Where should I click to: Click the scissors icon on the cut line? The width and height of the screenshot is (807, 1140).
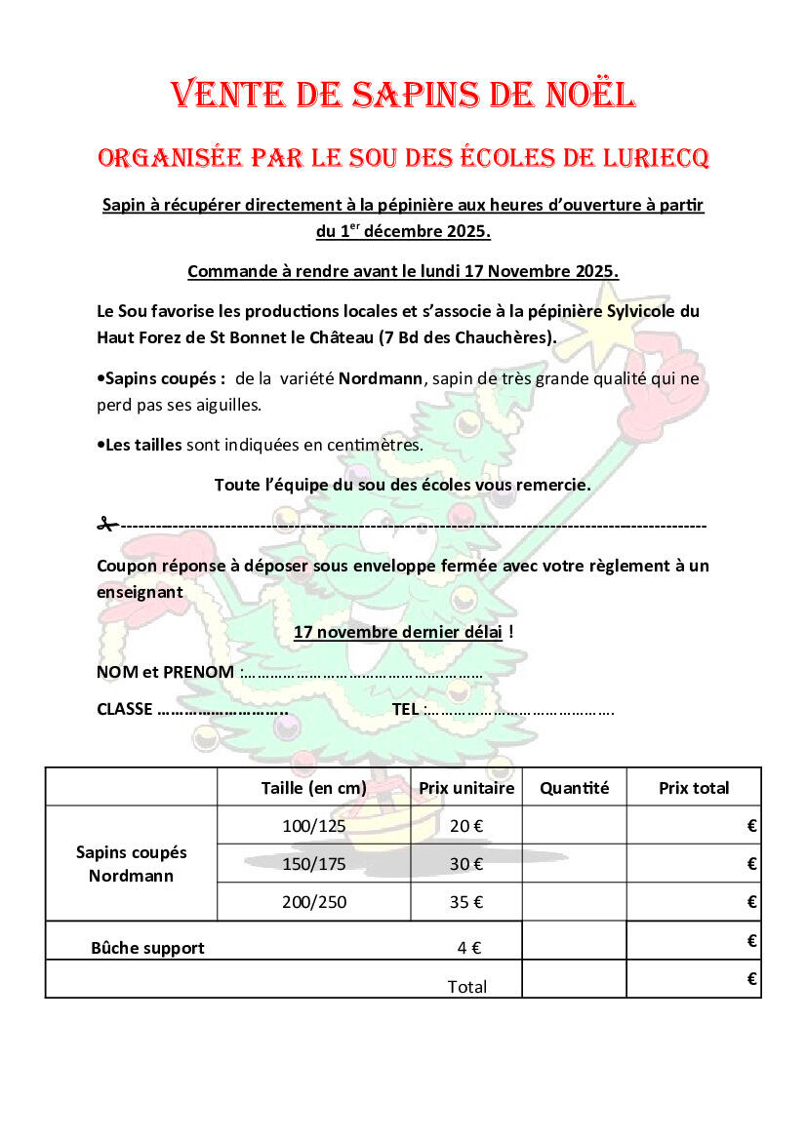point(107,525)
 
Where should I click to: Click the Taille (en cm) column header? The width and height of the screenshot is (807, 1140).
point(313,788)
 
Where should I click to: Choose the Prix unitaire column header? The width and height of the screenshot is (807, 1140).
point(466,788)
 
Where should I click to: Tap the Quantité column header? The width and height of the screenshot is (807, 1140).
point(574,788)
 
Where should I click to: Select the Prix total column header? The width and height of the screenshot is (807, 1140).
point(694,788)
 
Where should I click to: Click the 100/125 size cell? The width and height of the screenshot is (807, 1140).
point(313,825)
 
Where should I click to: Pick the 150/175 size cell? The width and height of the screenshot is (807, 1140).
point(313,863)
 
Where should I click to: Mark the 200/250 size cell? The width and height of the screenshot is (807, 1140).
point(313,902)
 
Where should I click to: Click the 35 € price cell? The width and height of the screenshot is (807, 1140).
point(466,902)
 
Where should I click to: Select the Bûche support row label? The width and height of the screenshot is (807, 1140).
point(147,947)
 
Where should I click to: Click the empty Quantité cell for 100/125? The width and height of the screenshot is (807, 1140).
point(574,825)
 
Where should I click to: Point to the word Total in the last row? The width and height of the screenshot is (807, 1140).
point(466,986)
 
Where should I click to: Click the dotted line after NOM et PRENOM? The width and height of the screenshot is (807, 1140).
point(361,673)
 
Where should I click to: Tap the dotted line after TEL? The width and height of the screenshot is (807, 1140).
point(520,710)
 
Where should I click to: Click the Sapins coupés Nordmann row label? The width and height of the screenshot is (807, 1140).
point(131,863)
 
